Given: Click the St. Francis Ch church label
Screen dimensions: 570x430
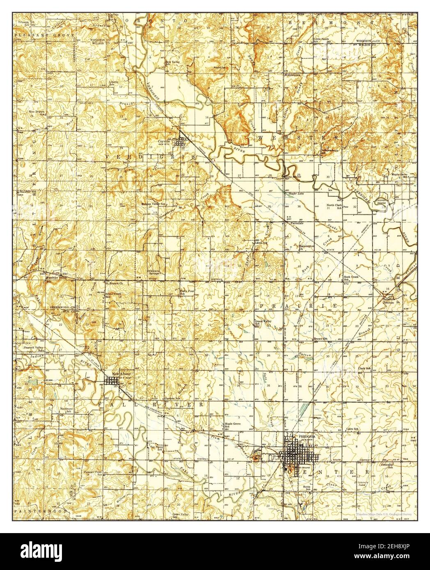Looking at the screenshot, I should pyautogui.click(x=114, y=283).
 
